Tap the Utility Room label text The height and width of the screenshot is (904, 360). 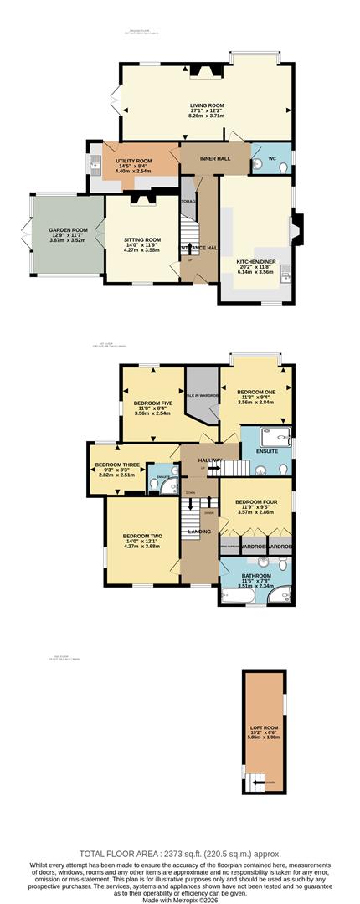133,160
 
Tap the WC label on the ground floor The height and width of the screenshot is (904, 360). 271,157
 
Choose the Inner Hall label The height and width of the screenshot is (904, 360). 215,157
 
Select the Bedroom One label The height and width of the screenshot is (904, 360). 255,391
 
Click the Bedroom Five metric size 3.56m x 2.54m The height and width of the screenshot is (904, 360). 152,413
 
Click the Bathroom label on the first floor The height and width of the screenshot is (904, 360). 255,576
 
